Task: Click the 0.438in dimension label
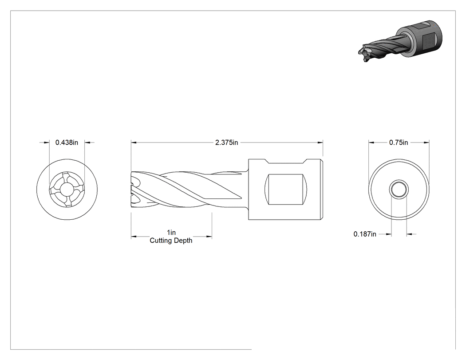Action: pos(67,142)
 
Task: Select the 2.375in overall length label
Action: pos(226,142)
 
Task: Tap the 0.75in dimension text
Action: pos(399,142)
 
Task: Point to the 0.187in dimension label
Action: pos(365,234)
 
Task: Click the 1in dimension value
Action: pos(171,232)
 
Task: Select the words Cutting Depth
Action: pos(171,241)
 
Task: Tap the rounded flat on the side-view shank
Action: pos(285,189)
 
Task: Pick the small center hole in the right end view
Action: pos(399,189)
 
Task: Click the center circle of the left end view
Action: pos(67,190)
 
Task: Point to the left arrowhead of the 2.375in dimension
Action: pos(134,142)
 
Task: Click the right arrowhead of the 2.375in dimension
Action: pos(320,142)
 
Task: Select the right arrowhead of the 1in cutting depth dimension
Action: pos(209,237)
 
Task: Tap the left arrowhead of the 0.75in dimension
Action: pos(371,142)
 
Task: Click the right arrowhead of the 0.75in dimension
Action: pos(427,142)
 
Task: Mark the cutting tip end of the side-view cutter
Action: pos(132,189)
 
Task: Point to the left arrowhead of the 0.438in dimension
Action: pos(46,142)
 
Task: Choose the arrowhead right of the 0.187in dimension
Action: pos(409,234)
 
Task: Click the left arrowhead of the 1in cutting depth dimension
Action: pos(134,237)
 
